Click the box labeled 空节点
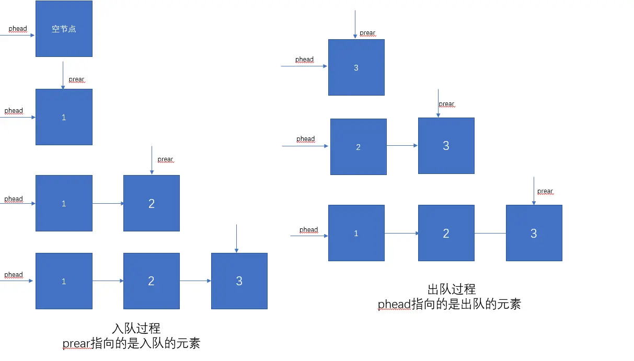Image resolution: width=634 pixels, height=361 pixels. pos(64,29)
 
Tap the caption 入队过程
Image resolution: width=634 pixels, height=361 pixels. pos(136,329)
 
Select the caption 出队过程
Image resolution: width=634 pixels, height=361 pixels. pos(451,289)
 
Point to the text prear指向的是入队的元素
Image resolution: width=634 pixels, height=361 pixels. pos(131,344)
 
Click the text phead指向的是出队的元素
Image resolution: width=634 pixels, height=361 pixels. pos(449,304)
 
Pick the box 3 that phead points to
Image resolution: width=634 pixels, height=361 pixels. pos(356,67)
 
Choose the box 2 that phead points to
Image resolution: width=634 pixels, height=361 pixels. pos(358,147)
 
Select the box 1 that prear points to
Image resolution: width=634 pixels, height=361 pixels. pos(64,117)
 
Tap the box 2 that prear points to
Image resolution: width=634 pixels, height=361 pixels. pos(151,203)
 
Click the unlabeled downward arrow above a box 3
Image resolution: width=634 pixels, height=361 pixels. pos(237,239)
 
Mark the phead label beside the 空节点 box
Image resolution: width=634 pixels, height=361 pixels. pos(18,29)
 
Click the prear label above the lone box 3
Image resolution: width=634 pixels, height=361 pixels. pos(367,33)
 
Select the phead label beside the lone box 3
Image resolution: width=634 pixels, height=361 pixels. pos(304,60)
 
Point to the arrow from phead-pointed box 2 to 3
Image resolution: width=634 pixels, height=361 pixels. pos(402,145)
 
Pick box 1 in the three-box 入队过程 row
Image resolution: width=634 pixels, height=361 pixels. pos(64,281)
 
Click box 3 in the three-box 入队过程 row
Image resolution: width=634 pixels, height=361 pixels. pos(239,281)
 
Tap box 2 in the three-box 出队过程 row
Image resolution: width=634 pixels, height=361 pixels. pos(446,233)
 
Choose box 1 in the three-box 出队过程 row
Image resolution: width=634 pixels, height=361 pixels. pos(356,233)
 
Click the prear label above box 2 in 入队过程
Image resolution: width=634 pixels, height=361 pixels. pos(165,159)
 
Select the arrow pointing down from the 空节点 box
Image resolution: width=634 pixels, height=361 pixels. pos(63,75)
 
